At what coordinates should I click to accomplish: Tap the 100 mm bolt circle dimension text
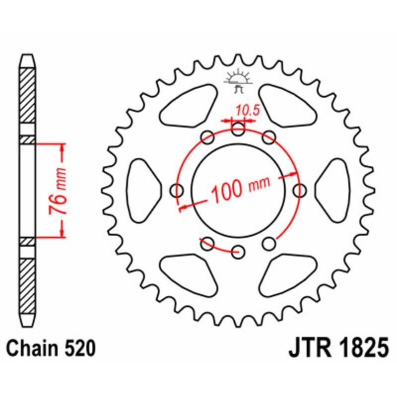coord(240,189)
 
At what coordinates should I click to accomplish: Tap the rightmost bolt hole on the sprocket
coord(299,190)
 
